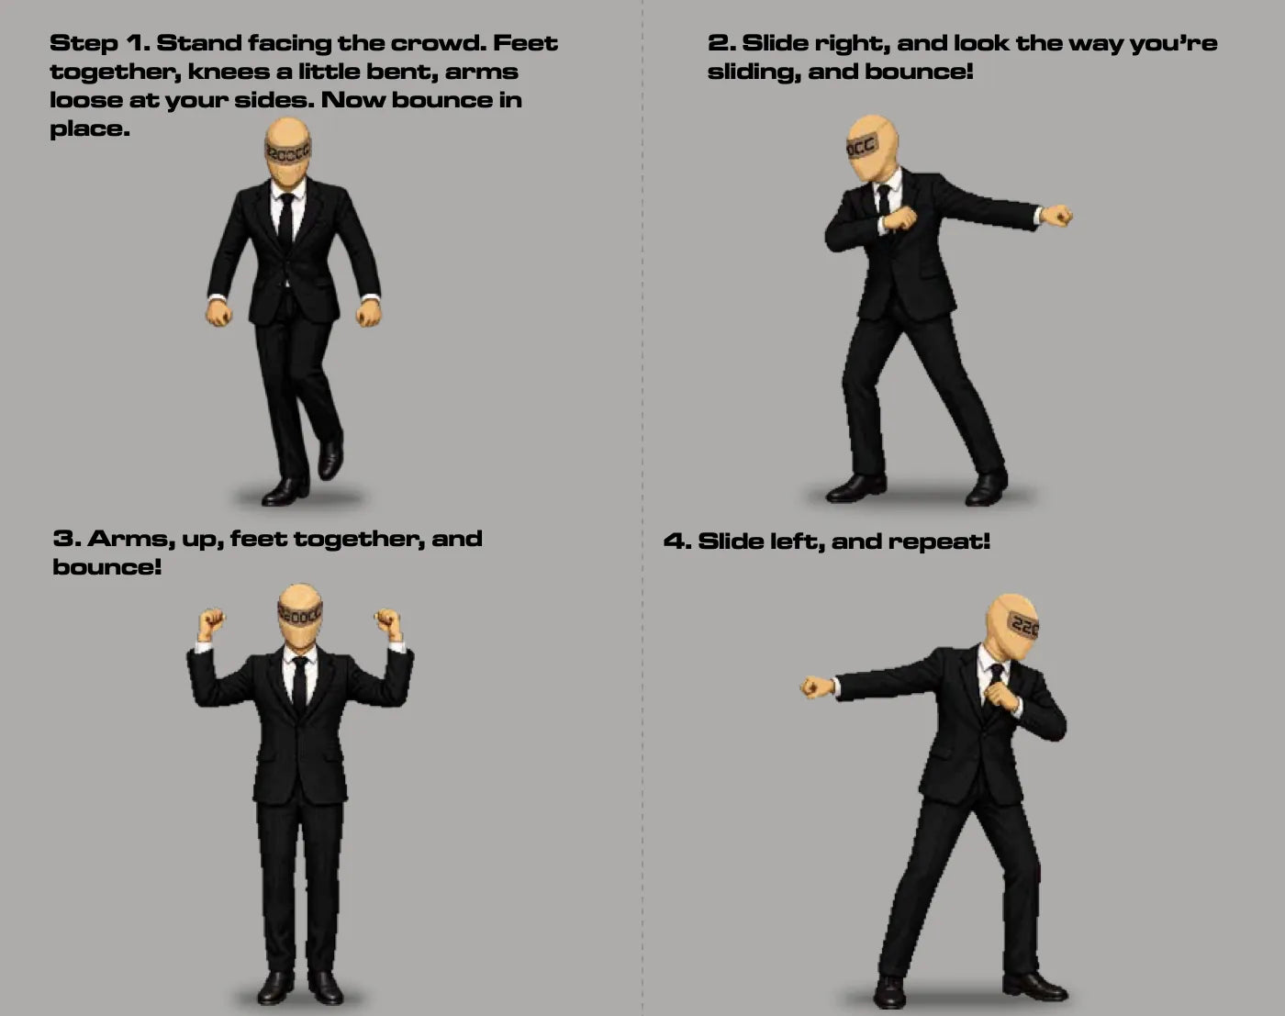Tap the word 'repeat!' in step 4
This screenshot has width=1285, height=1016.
939,541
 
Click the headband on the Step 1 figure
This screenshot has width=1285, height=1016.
288,151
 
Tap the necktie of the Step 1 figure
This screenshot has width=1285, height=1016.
286,221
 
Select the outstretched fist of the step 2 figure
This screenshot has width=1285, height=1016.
1056,216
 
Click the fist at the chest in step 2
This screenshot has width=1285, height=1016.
899,218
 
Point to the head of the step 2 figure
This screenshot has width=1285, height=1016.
872,148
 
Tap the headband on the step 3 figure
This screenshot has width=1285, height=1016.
300,614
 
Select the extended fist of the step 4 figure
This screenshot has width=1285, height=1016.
816,687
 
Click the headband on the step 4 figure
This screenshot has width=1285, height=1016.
1022,625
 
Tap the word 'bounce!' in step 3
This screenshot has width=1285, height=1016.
107,567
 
